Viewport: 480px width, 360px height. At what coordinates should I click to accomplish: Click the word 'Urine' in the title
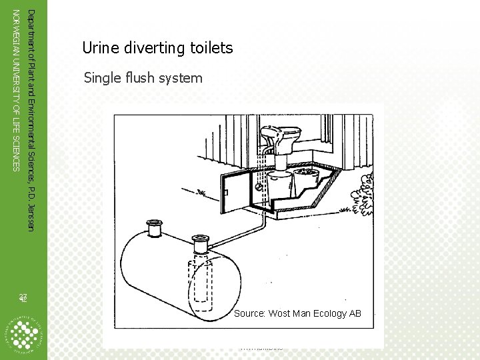(99, 48)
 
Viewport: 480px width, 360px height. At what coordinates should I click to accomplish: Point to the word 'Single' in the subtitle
(101, 79)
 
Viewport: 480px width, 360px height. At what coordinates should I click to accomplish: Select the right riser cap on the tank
(200, 239)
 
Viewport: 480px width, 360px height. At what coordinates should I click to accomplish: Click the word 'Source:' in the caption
(250, 313)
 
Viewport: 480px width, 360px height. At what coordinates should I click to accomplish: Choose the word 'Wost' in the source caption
(279, 313)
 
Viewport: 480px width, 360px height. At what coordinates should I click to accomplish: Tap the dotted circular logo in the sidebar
(23, 331)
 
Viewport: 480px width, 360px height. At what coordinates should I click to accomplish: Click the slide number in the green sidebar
(22, 298)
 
